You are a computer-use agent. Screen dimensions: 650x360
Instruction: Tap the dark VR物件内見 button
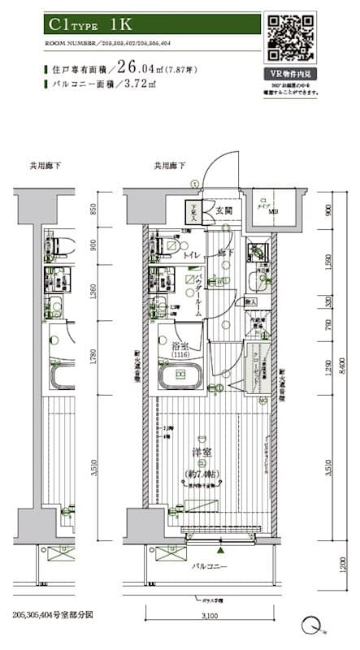click(x=294, y=73)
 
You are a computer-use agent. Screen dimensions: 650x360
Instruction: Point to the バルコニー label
click(x=210, y=565)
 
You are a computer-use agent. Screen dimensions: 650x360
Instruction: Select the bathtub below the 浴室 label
click(x=180, y=375)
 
